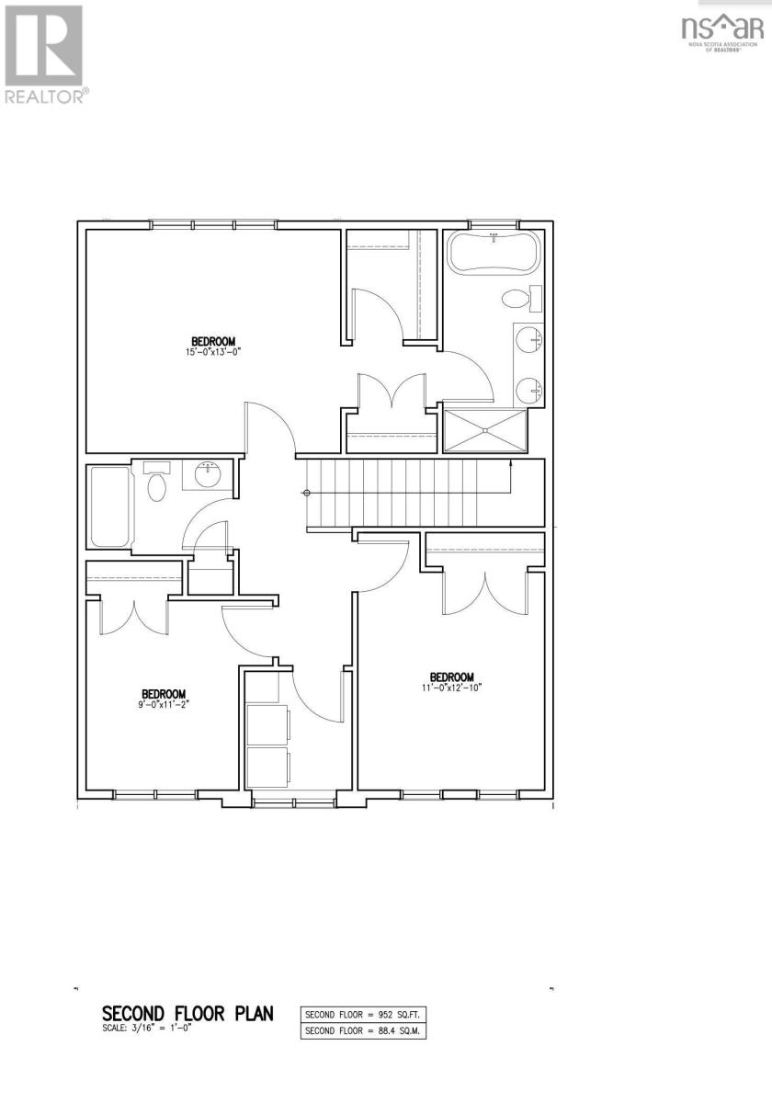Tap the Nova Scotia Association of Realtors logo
coord(721,32)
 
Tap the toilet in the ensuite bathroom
coord(517,299)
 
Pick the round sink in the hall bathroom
coord(207,475)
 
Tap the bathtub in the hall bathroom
coord(109,506)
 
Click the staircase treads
coord(404,493)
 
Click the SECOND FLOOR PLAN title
coord(187,1014)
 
